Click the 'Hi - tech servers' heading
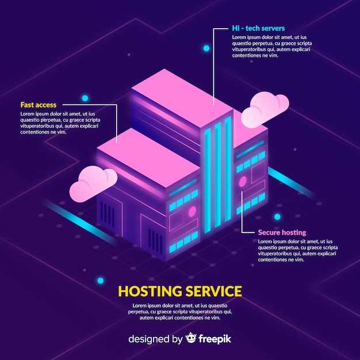[258, 28]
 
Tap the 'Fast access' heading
[39, 105]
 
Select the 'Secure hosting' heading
[282, 232]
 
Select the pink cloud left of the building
[93, 183]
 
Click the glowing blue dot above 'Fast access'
[85, 98]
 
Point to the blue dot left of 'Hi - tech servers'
[206, 48]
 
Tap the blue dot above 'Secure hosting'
[277, 217]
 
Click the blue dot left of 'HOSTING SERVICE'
[100, 281]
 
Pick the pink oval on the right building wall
[243, 182]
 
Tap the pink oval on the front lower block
[192, 212]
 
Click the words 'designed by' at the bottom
[155, 339]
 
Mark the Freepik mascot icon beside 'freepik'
[191, 338]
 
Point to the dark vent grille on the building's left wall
[108, 214]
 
